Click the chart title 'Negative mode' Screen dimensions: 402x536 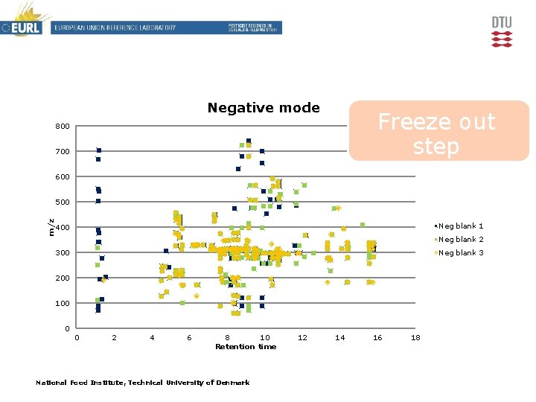click(264, 108)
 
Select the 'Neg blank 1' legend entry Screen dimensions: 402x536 click(461, 226)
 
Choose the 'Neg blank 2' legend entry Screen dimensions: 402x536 click(461, 239)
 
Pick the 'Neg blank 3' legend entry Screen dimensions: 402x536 click(461, 252)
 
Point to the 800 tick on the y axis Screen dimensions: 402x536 click(63, 127)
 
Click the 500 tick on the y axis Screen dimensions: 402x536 click(63, 202)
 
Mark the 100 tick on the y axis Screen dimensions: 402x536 click(63, 304)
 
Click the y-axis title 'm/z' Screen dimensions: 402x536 click(51, 227)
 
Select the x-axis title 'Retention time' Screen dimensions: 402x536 click(245, 347)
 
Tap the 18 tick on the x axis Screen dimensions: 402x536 click(415, 338)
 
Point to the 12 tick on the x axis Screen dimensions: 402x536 click(302, 338)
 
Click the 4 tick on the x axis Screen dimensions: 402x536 click(152, 338)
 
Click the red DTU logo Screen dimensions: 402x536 click(502, 31)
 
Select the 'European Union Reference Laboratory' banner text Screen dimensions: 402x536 click(114, 28)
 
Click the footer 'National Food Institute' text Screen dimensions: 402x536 click(143, 383)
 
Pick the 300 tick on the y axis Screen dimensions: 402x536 click(63, 253)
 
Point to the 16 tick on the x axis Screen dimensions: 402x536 click(377, 338)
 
